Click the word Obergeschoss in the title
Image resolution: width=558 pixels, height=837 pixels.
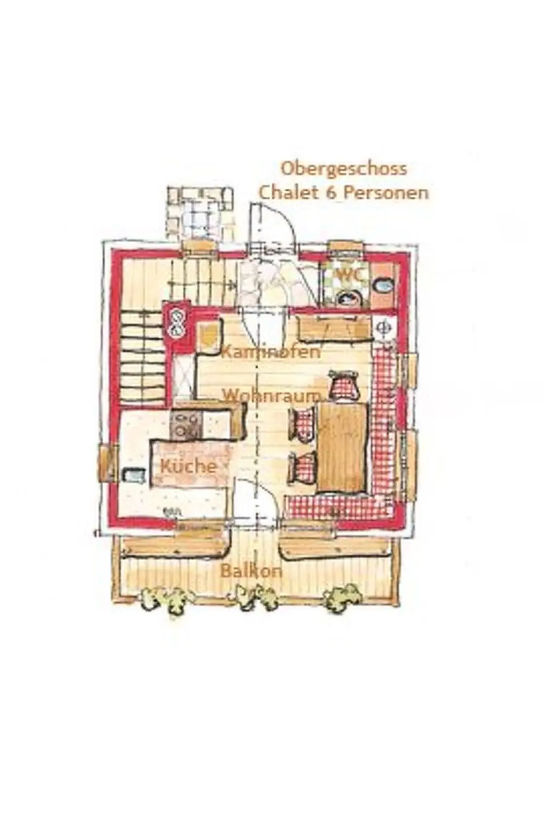coord(343,169)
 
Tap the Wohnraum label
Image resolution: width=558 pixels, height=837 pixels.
coord(272,396)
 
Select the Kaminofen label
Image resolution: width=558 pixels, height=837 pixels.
coord(270,353)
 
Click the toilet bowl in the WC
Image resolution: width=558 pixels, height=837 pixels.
coord(350,299)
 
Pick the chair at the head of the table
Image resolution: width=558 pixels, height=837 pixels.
coord(343,384)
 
